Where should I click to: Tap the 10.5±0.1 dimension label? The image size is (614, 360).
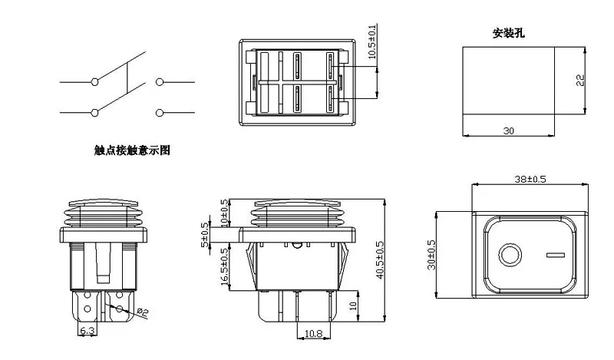point(373,41)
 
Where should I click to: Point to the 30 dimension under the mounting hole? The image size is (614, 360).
point(508,130)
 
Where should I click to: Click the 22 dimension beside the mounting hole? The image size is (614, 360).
point(580,80)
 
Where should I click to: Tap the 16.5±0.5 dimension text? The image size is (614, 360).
point(224,266)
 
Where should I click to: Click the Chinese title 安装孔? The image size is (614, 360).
point(510,34)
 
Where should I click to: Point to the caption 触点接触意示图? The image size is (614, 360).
point(131,151)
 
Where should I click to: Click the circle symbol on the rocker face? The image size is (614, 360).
point(509,254)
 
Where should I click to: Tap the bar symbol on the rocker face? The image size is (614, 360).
point(551,254)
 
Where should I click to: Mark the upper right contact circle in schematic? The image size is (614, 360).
point(160,81)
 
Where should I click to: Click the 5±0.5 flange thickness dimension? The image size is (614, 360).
point(205,235)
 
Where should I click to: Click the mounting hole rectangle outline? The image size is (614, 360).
point(508,46)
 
